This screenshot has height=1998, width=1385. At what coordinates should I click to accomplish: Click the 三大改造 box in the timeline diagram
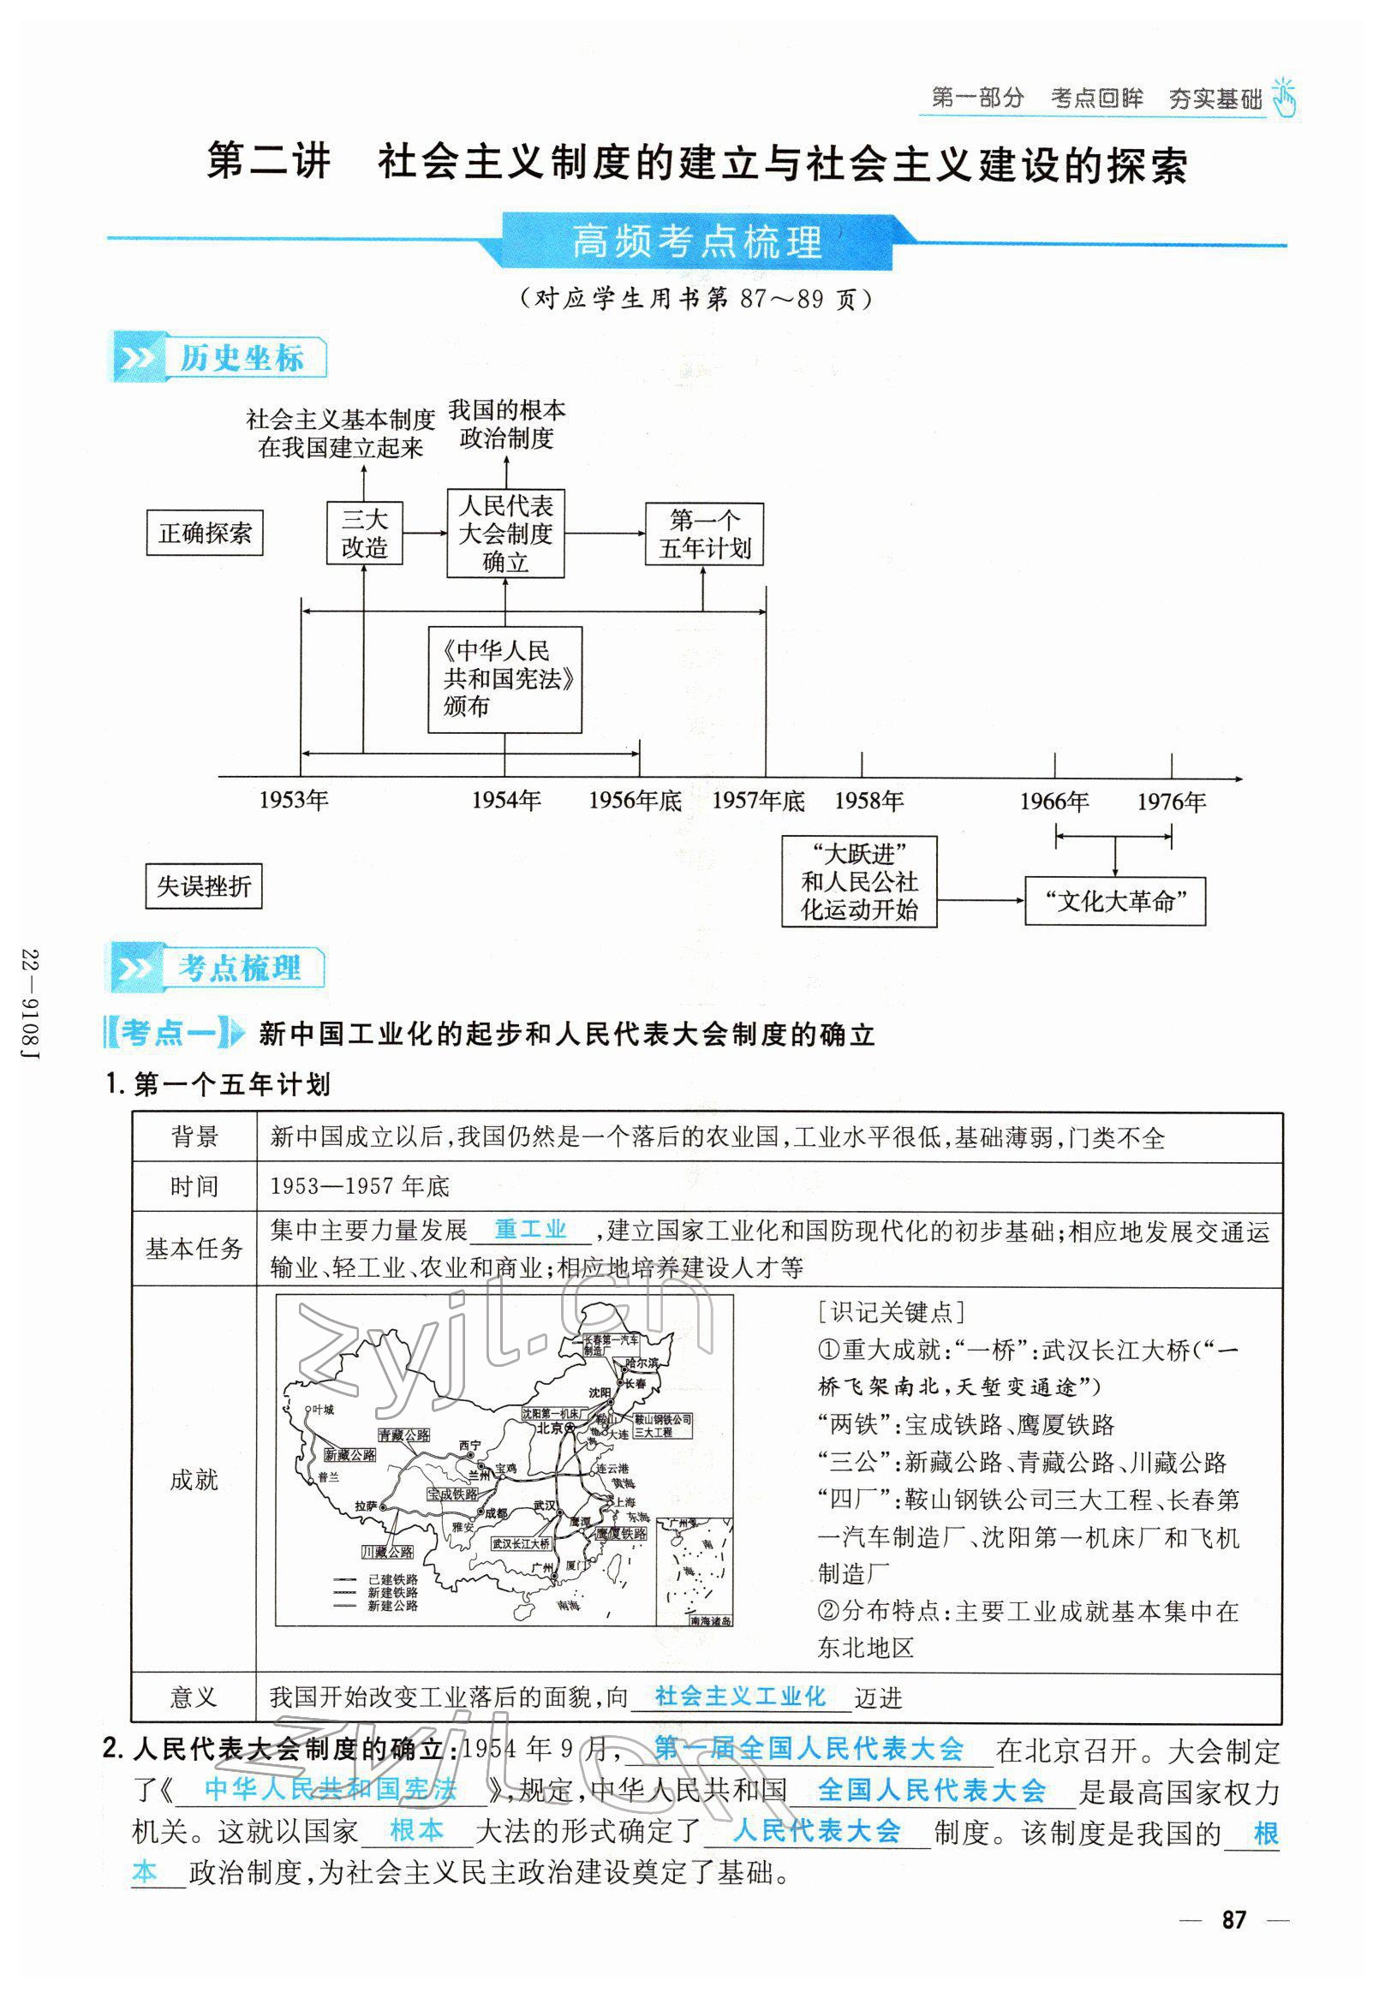(365, 533)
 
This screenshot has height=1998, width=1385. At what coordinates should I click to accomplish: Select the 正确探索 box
(205, 533)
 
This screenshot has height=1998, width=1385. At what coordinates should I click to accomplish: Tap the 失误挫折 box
(204, 886)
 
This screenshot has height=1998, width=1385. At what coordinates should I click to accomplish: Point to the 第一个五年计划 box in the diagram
(704, 534)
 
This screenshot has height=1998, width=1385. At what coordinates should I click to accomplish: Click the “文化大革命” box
(1114, 902)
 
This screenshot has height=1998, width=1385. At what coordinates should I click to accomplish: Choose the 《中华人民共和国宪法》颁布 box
(505, 679)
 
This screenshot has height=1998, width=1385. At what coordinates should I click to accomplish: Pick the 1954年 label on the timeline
(506, 800)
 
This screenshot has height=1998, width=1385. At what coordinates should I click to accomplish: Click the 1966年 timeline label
(1054, 802)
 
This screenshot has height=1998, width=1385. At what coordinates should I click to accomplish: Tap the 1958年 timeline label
(869, 801)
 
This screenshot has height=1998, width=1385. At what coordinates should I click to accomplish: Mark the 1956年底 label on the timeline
(636, 800)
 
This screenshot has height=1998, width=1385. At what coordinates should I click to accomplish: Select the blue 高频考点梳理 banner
(697, 242)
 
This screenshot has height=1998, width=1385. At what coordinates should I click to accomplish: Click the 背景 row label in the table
(194, 1136)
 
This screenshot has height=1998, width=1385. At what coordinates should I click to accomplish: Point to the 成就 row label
(194, 1478)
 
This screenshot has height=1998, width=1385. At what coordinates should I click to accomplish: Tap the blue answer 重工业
(530, 1229)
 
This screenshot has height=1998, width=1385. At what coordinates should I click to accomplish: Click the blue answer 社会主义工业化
(740, 1696)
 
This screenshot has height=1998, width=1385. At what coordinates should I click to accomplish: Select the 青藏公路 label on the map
(403, 1436)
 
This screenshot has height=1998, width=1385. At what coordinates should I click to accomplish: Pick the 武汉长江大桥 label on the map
(521, 1543)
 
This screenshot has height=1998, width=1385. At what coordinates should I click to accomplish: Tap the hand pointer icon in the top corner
(1283, 97)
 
